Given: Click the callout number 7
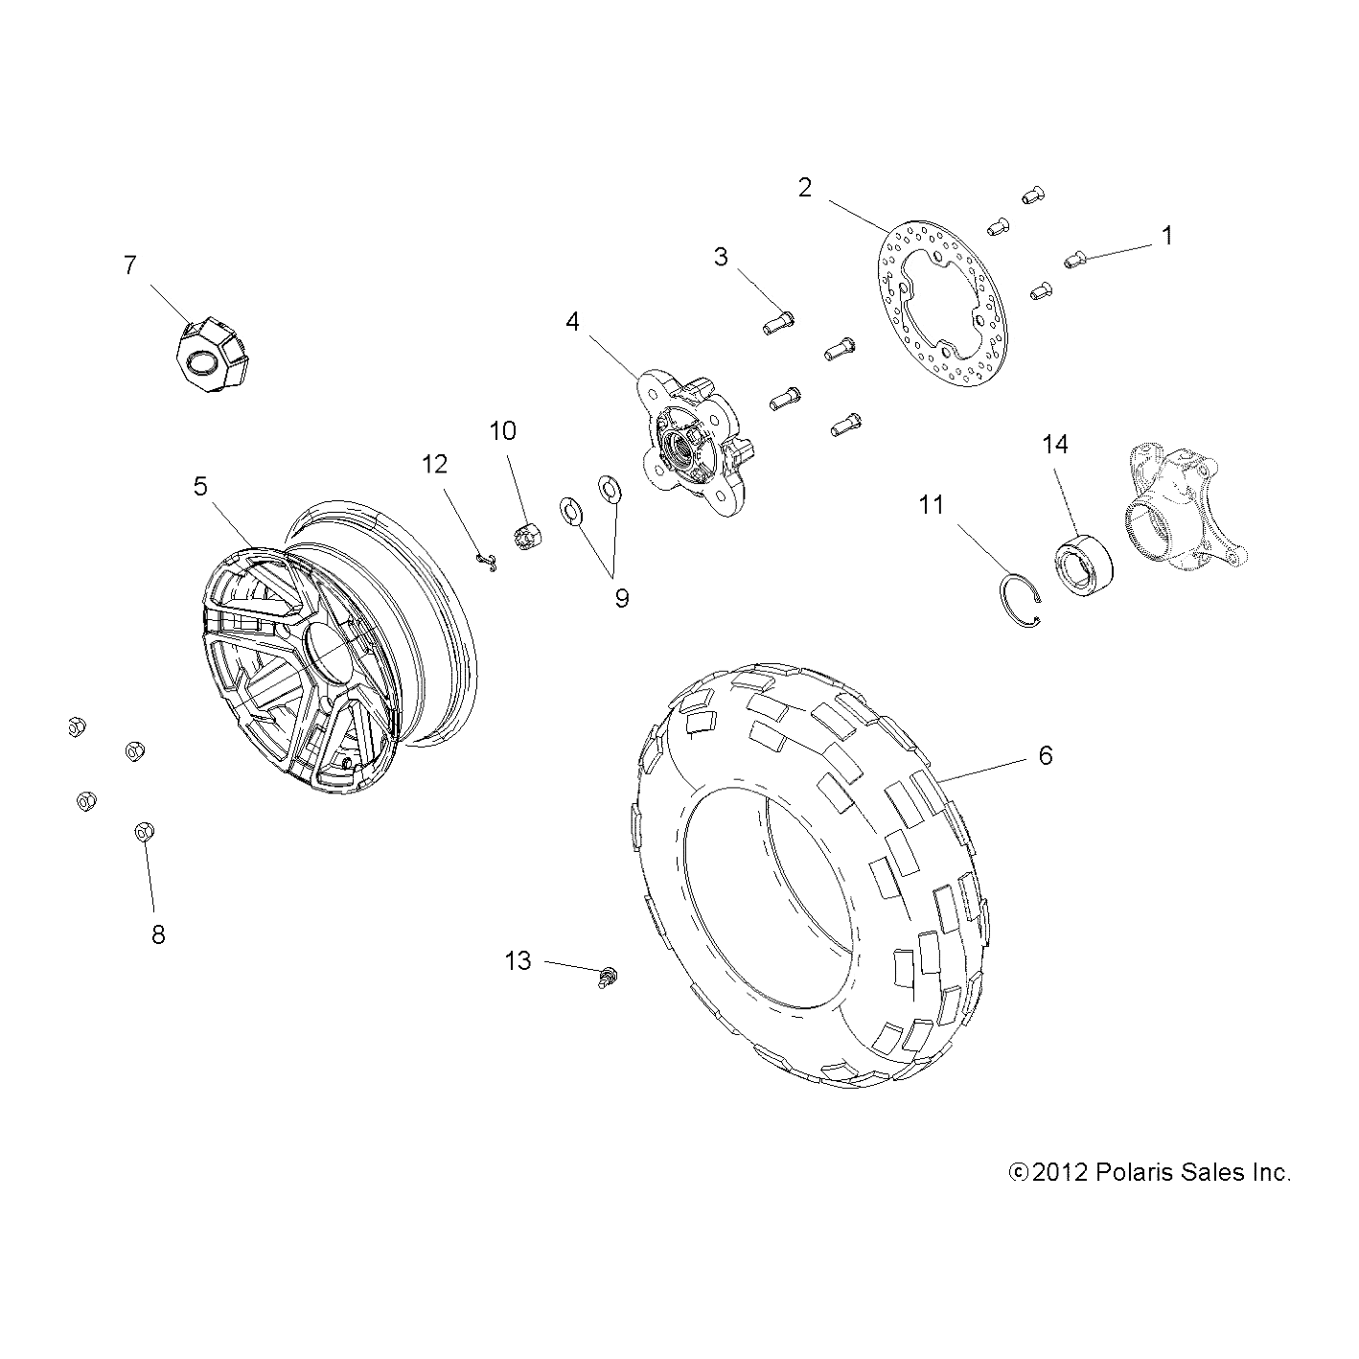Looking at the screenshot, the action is click(x=129, y=265).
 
